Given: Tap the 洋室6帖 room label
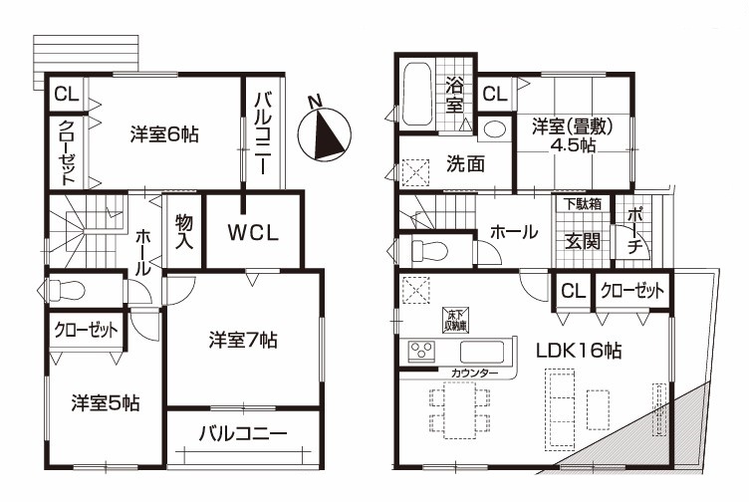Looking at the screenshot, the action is coord(163,134).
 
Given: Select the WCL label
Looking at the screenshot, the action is coord(253,233).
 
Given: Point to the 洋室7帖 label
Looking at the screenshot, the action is coord(243,340).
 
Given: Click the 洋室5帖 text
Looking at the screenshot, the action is coord(106,403).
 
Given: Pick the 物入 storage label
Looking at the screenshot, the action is coord(184,232).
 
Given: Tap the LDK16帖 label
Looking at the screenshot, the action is coord(579,351).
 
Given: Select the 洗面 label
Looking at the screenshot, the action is coord(465,163).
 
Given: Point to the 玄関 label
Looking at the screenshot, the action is coord(583,241).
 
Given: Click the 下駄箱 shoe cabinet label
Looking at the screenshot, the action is coord(582,204).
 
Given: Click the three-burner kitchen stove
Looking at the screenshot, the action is coord(421,350).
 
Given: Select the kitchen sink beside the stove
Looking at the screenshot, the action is coord(481,352).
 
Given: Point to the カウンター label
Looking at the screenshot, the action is coord(474,374).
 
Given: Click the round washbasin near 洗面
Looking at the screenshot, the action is coord(494,128).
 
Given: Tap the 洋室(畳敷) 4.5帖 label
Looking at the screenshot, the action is coord(573,135).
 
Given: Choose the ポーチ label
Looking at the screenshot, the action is coord(633,232).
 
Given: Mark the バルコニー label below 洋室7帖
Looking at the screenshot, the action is coord(243,433).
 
